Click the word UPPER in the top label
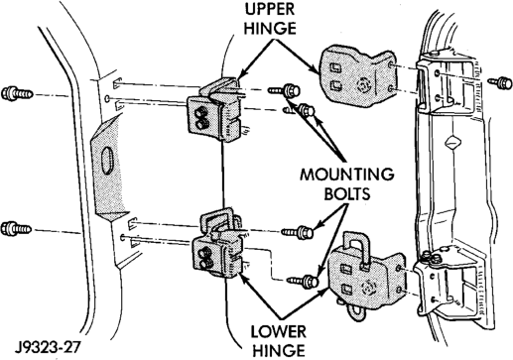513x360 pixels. (270, 9)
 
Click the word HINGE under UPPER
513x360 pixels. (270, 28)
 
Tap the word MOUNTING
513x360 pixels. (347, 175)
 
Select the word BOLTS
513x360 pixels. (347, 194)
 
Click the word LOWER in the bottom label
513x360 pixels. (279, 332)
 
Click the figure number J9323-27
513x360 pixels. (48, 347)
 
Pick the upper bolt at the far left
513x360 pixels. (17, 93)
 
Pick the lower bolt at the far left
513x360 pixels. (16, 229)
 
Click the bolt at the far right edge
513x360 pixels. (500, 82)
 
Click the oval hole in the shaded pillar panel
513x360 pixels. (107, 161)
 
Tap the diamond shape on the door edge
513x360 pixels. (452, 143)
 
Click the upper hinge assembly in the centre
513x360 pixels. (216, 110)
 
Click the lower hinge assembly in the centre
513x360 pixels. (218, 245)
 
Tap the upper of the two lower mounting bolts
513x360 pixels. (297, 232)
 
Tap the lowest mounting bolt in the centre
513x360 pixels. (303, 281)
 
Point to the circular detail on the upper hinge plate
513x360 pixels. (365, 85)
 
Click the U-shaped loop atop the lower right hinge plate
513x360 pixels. (355, 245)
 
